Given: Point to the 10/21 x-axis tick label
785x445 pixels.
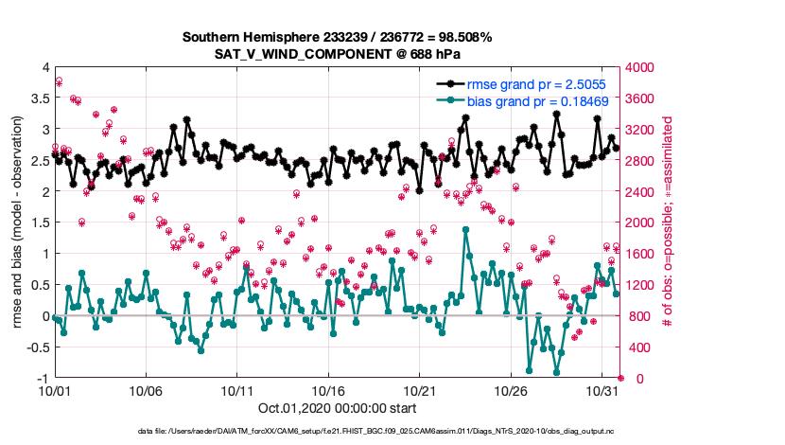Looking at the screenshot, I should pos(419,390).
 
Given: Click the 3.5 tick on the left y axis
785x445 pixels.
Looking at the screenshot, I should pos(38,98).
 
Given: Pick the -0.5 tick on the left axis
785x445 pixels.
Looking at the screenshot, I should pos(35,347).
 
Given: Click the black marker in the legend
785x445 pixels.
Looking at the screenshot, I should pos(452,85).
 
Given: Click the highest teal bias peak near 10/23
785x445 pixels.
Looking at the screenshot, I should pos(466,229).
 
